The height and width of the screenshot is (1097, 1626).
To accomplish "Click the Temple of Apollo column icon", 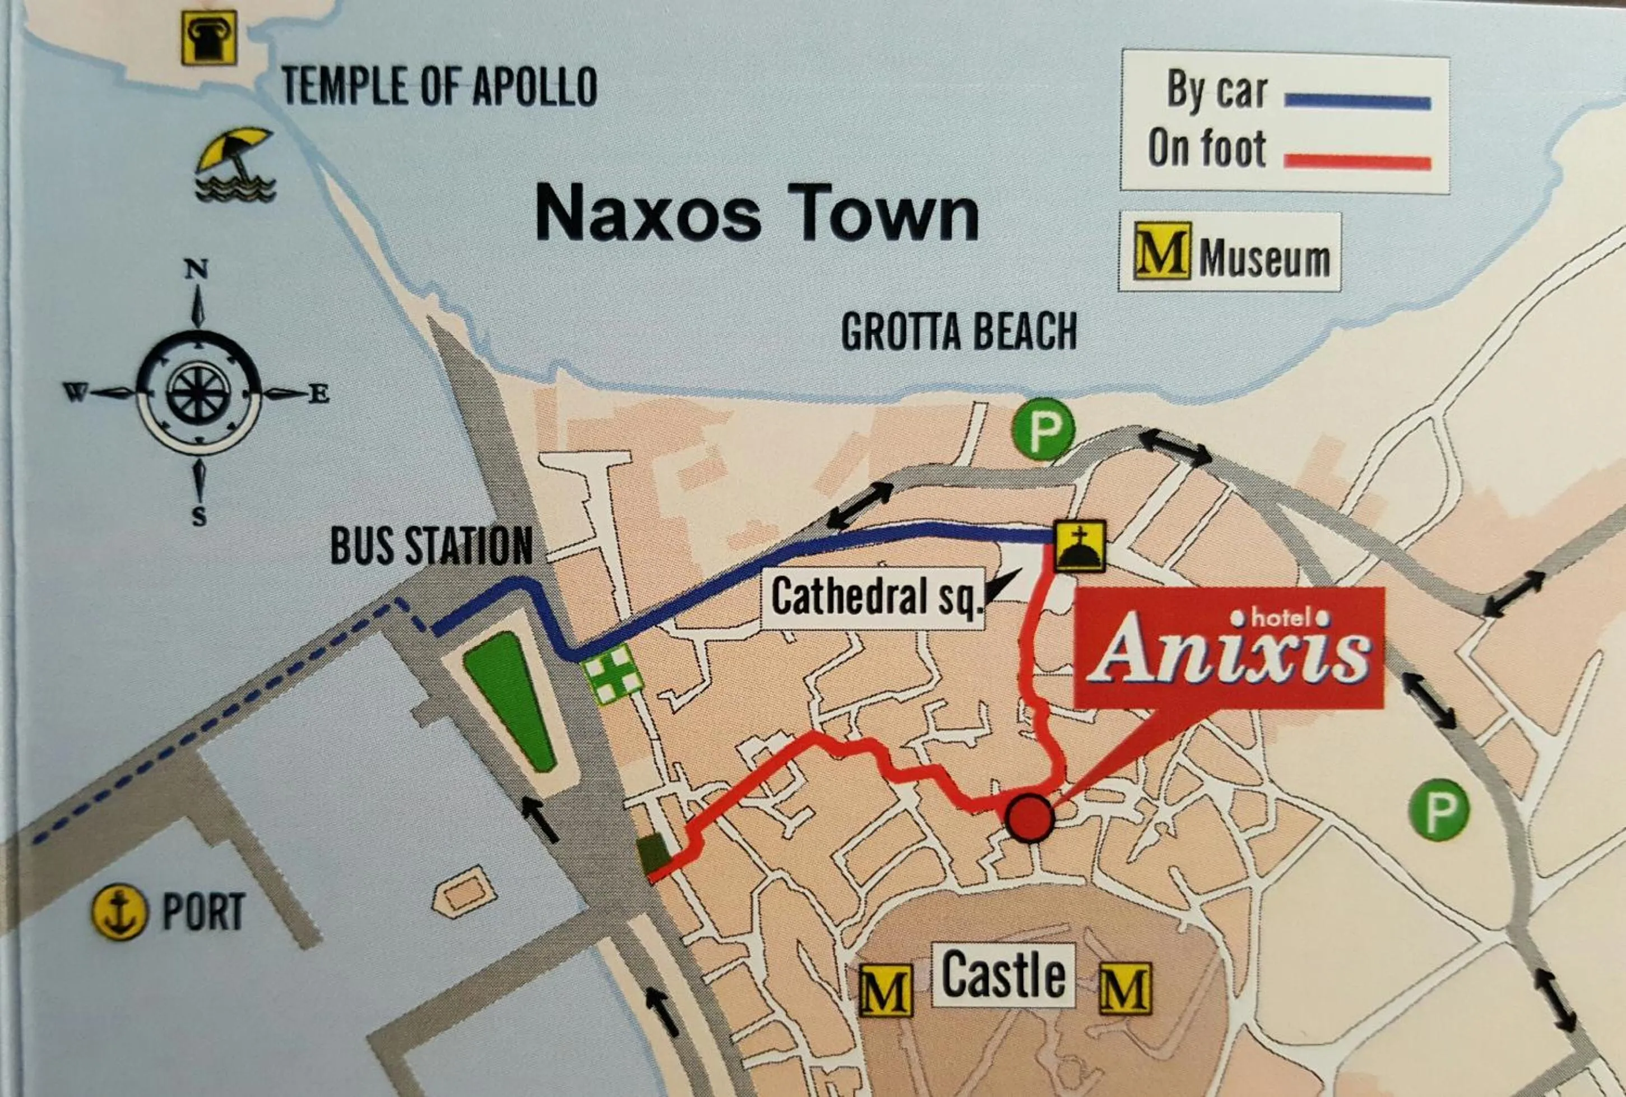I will click(209, 38).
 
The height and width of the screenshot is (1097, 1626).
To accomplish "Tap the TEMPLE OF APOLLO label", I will click(439, 87).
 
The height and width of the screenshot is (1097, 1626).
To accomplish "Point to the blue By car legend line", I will click(1358, 102).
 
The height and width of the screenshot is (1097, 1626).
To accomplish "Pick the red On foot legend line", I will click(1358, 163).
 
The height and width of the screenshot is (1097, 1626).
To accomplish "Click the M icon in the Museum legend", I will click(1161, 251).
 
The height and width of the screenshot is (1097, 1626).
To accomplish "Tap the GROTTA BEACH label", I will click(959, 332).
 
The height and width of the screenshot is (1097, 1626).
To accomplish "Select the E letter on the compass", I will click(319, 395).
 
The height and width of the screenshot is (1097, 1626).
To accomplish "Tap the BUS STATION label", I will click(432, 546).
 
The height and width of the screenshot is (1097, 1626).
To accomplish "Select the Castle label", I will click(1004, 975).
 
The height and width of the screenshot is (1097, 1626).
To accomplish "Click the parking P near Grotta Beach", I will click(1043, 429).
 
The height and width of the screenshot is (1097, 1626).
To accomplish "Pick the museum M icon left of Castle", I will click(886, 990).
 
